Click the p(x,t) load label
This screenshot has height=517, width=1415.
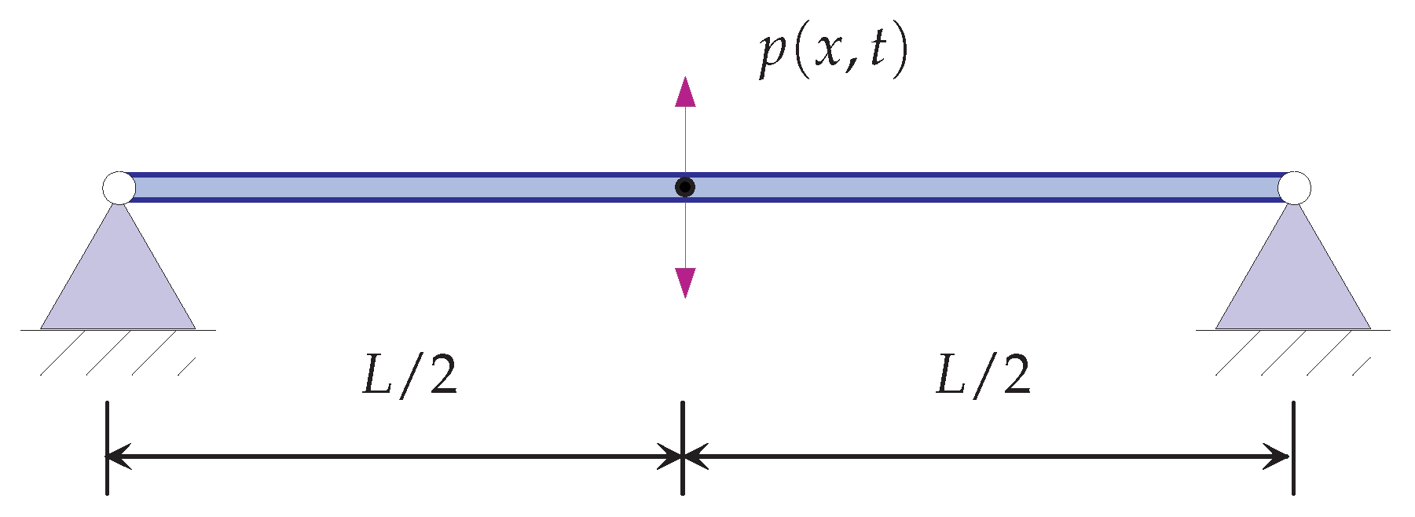point(833,53)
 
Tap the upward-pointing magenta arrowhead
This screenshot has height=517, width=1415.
point(685,92)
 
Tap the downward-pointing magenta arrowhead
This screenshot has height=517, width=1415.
point(685,282)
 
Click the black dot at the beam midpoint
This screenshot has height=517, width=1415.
point(685,187)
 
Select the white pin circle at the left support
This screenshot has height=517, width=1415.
point(119,188)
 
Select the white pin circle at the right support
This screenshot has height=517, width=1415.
point(1293,188)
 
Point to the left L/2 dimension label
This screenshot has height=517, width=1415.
point(409,375)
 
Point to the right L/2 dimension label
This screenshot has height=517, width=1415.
point(983,375)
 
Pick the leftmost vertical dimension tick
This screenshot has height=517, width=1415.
point(107,448)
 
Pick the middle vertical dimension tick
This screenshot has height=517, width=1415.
point(682,448)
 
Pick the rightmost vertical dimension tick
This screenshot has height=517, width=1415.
point(1293,448)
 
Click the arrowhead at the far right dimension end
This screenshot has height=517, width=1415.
point(1278,456)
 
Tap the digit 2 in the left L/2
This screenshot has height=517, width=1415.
point(442,375)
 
